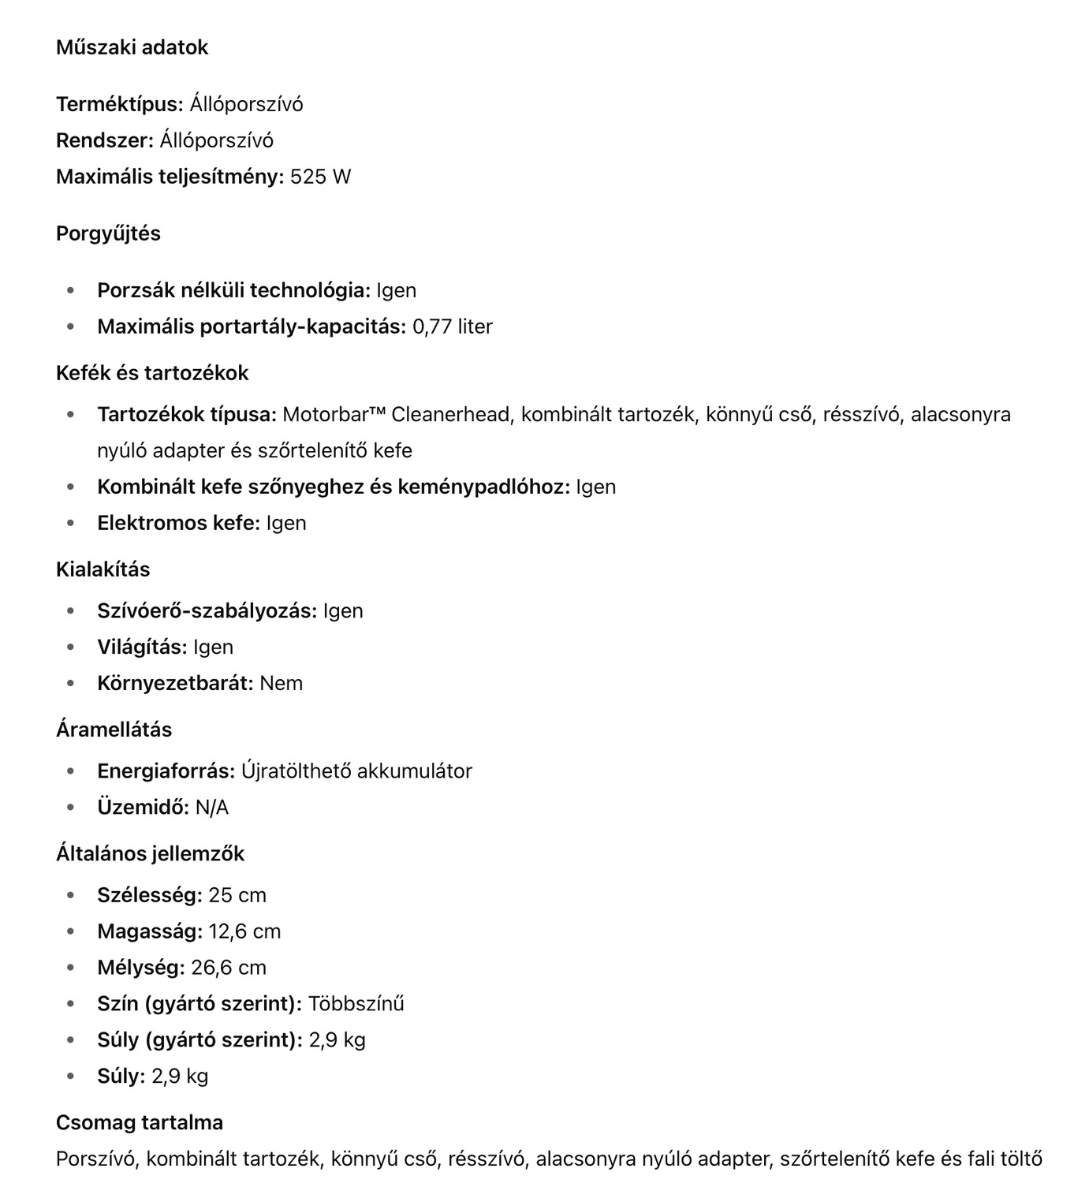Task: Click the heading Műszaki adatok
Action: click(x=132, y=47)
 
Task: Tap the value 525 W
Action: click(x=320, y=177)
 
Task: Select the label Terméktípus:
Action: click(x=119, y=104)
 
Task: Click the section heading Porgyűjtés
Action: click(x=108, y=233)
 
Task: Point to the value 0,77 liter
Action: click(x=452, y=327)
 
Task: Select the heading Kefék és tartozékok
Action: click(x=152, y=373)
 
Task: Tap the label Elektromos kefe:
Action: click(x=178, y=523)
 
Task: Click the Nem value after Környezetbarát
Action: click(x=281, y=683)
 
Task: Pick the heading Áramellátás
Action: click(x=114, y=730)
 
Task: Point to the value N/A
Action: click(x=211, y=807)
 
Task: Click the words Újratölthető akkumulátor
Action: click(x=356, y=771)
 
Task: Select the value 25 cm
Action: click(x=237, y=895)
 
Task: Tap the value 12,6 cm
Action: click(x=244, y=931)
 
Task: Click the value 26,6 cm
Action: click(x=229, y=968)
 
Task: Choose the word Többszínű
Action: click(x=356, y=1004)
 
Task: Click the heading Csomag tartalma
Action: click(x=140, y=1122)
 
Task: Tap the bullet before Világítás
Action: click(x=71, y=647)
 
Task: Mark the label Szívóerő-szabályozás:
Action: click(x=207, y=610)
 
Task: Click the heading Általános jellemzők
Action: click(x=150, y=853)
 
